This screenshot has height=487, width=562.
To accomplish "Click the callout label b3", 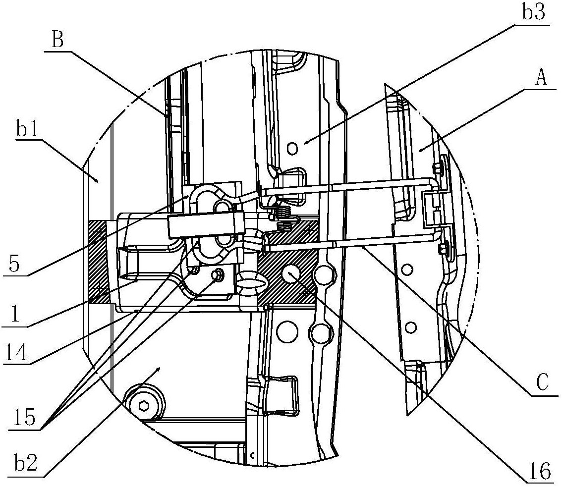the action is (x=533, y=12).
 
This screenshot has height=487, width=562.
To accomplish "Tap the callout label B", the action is (x=57, y=40).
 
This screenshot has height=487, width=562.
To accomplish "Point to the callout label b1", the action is (x=27, y=130).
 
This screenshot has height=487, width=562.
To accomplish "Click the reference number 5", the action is (x=14, y=265).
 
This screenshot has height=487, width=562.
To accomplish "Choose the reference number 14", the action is (x=15, y=352).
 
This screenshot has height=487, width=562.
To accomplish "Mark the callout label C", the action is (x=542, y=383).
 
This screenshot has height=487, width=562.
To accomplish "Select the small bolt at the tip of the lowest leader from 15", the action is (x=217, y=275).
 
